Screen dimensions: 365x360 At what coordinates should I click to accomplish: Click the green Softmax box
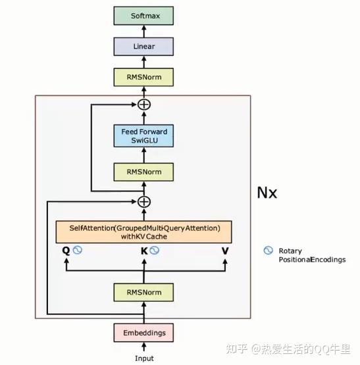coord(144,15)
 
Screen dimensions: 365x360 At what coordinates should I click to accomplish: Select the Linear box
coord(144,46)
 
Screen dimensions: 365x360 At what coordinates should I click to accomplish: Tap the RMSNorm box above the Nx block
coord(144,77)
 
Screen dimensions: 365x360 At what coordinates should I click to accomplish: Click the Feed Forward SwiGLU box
coord(144,136)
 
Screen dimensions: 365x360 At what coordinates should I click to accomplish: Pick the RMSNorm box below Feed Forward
coord(144,172)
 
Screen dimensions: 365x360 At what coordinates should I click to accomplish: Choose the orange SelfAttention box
coord(144,231)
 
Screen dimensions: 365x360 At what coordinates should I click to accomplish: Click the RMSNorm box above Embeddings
coord(144,291)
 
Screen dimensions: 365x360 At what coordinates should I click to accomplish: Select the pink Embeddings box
coord(144,332)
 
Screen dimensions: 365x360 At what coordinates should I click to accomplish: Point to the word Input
coord(144,358)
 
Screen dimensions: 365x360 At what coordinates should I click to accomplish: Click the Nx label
coord(267,193)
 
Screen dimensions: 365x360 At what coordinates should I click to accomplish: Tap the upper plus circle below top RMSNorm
coord(144,105)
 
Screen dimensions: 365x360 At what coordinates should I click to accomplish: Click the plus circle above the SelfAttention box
coord(144,202)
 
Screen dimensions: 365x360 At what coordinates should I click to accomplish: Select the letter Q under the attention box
coord(66,251)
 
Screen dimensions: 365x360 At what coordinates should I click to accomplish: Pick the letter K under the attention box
coord(144,251)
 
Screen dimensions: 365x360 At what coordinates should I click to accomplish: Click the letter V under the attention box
coord(225,251)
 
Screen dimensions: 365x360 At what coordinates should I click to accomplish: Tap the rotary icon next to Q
coord(77,251)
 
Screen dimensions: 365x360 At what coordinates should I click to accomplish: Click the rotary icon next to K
coord(155,251)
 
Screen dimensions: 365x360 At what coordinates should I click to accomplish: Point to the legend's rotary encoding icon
coord(268,251)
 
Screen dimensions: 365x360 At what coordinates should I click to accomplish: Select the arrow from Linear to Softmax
coord(144,30)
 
